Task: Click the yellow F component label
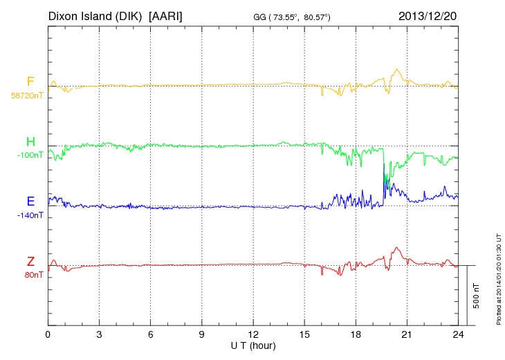pos(30,82)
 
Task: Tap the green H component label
pos(30,142)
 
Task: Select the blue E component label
pos(30,201)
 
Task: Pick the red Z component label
pos(30,262)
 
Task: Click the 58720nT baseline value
pos(27,95)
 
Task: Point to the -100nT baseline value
pos(30,155)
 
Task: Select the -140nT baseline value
pos(30,215)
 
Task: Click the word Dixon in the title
pos(63,15)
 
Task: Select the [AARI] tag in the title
pos(166,15)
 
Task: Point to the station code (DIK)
pos(129,15)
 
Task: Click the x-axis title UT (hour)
pos(253,345)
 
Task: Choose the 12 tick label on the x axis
pos(253,334)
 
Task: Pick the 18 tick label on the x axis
pos(356,334)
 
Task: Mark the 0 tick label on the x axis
pos(48,334)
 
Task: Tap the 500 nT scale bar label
pos(477,295)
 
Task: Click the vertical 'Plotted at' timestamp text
pos(498,278)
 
